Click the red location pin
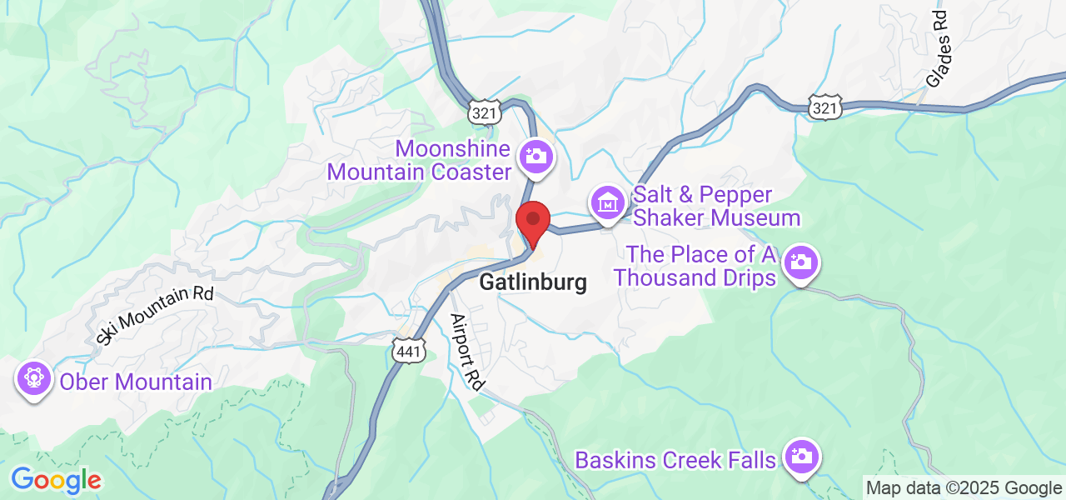533,221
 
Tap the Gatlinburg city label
533,282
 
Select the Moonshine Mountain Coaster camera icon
535,155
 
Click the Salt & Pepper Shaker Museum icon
609,202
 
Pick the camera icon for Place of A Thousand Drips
800,262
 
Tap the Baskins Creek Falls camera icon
801,456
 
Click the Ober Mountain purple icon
33,378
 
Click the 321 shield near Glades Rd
825,107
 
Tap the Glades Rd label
938,49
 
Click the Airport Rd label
467,352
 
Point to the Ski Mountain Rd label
155,315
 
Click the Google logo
56,480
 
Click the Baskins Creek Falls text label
675,460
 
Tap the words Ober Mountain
135,382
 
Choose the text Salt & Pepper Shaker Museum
716,207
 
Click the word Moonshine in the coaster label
452,150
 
